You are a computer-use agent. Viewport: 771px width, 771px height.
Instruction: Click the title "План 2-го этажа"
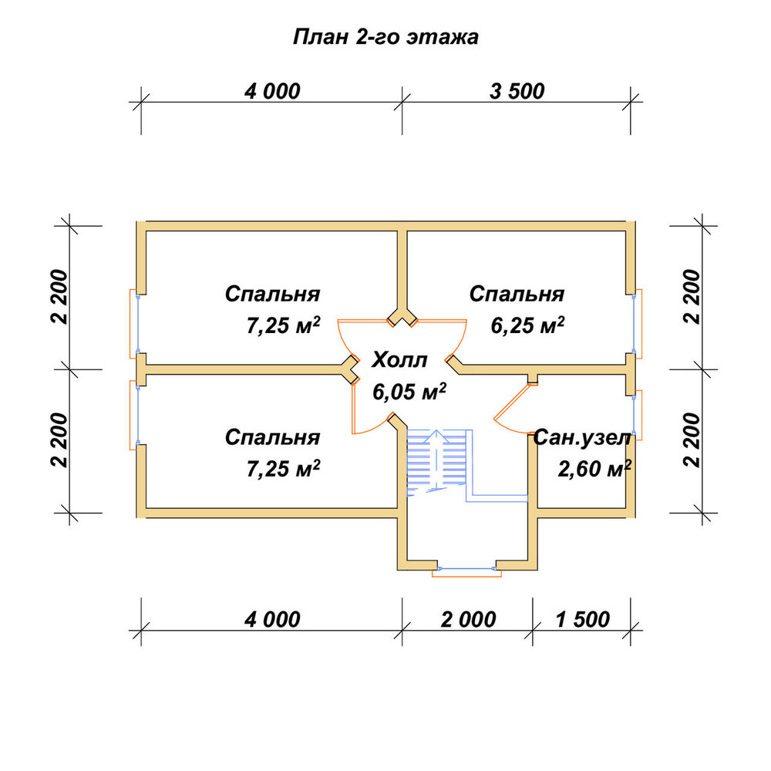coord(385,37)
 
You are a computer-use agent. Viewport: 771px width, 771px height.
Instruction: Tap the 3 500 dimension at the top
coord(517,92)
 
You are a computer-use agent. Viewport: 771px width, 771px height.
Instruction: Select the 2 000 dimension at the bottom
coord(468,620)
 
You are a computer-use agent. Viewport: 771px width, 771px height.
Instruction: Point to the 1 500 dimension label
coord(583,620)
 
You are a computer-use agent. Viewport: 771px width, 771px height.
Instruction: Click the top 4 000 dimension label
coord(272,92)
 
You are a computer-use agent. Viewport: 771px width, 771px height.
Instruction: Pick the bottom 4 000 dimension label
coord(272,620)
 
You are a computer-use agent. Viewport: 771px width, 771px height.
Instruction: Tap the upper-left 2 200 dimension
coord(59,297)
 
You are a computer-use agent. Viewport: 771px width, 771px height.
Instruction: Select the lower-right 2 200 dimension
coord(692,440)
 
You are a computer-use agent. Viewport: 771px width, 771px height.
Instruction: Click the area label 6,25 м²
coord(527,325)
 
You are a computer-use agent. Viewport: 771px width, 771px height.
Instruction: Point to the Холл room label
coord(399,360)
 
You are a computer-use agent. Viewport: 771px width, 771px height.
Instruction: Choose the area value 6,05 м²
coord(409,392)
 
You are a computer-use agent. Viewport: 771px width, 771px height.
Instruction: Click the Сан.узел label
coord(581,438)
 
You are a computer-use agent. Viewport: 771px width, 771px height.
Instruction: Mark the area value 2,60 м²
coord(594,469)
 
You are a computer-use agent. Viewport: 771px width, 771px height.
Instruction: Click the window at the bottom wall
coord(466,570)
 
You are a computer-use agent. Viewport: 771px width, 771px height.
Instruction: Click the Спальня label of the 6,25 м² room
coord(517,294)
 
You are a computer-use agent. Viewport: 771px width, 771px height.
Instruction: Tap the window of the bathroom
coord(635,415)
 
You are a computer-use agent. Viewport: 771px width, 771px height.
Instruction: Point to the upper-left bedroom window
coord(135,324)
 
